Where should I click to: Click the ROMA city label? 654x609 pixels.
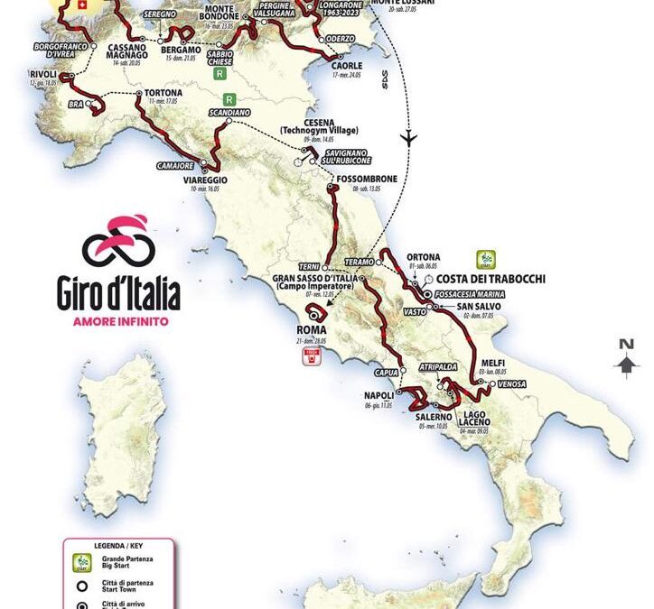317,329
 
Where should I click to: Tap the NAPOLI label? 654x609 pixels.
378,395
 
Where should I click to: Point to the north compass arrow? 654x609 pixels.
625,359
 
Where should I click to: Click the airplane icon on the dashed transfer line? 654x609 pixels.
410,138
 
